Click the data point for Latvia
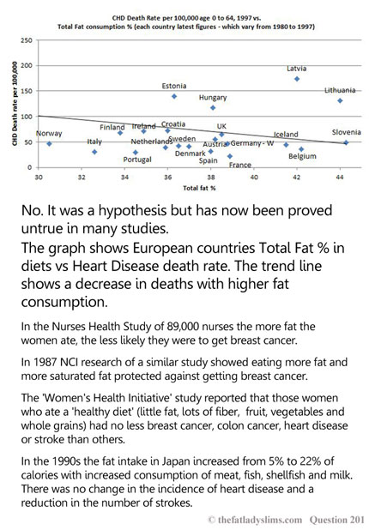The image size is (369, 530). click(297, 79)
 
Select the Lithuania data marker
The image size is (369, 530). click(340, 100)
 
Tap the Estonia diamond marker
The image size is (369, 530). click(174, 96)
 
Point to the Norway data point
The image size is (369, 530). click(49, 144)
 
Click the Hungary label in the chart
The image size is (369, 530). click(213, 98)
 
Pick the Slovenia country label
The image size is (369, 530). click(347, 132)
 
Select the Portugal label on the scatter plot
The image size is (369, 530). click(137, 160)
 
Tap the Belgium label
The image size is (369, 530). click(302, 156)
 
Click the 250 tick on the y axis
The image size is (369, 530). click(27, 40)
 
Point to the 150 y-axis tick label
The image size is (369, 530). click(27, 91)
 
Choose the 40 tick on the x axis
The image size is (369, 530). click(254, 178)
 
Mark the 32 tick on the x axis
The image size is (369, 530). click(82, 178)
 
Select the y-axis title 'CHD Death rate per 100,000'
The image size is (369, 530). click(15, 104)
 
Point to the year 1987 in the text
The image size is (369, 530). click(45, 362)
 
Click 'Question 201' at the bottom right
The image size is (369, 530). click(337, 520)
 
